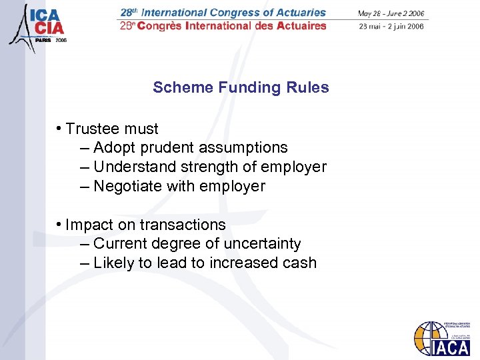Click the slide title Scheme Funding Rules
pyautogui.click(x=241, y=87)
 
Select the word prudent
pyautogui.click(x=171, y=147)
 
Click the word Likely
pyautogui.click(x=113, y=263)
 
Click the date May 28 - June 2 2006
pyautogui.click(x=391, y=13)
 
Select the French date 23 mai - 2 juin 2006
pyautogui.click(x=391, y=27)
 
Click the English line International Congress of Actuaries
pyautogui.click(x=224, y=13)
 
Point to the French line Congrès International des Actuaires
pyautogui.click(x=224, y=26)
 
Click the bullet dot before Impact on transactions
pyautogui.click(x=59, y=223)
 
